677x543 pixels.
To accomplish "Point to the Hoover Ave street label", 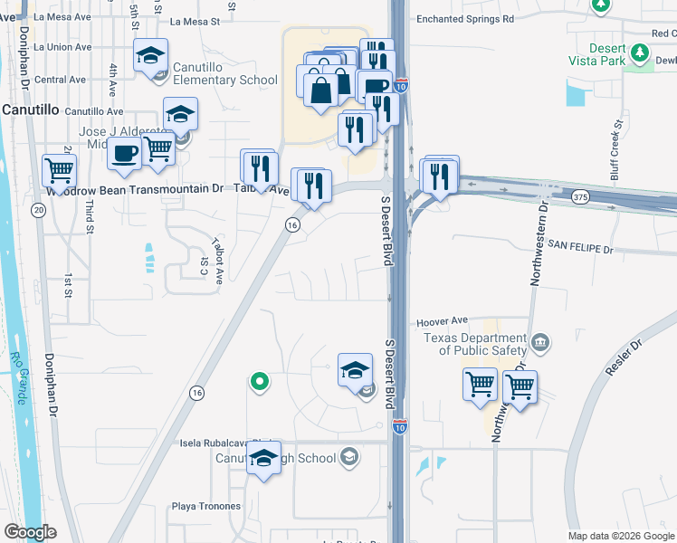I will [x=442, y=320].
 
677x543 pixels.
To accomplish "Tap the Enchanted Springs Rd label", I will [x=465, y=18].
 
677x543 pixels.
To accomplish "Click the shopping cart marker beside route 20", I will [x=58, y=169].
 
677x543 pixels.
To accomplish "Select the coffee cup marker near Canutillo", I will [x=125, y=152].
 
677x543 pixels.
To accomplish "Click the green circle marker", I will [x=260, y=382].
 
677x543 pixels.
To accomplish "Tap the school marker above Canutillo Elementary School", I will [x=151, y=56].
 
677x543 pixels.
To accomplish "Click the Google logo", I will [x=30, y=532].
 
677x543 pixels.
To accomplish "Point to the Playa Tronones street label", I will [x=206, y=507].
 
